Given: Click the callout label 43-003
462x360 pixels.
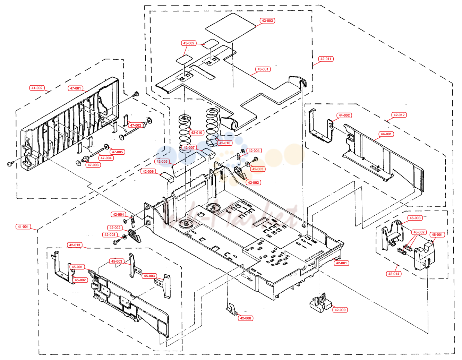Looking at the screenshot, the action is pos(267,20).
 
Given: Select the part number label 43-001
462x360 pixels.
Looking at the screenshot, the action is pos(263,69).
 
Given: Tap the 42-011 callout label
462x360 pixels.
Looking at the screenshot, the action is pos(325,59).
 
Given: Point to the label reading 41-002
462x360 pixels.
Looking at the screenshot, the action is pos(37,88).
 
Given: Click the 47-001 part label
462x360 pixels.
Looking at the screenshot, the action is pos(76,88).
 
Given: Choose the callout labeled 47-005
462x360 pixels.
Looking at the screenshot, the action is pos(117,152).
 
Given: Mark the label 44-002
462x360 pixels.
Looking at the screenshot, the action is pos(344,115).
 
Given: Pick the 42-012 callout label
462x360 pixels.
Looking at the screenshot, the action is pos(399,115).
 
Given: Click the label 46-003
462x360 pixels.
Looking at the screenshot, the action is pos(415,218).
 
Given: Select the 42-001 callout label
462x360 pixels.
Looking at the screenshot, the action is pos(341,263).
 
